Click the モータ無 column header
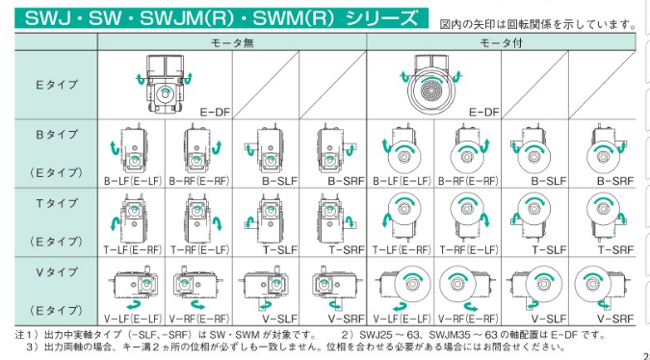(x=232, y=42)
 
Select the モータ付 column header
(x=501, y=42)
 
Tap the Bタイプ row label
(x=57, y=134)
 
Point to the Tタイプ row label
(x=57, y=203)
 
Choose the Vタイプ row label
(x=57, y=271)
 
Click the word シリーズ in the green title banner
(x=381, y=18)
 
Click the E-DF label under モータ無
(x=215, y=113)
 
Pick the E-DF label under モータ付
(x=483, y=113)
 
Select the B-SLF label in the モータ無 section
(x=280, y=181)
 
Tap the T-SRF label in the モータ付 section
(x=615, y=250)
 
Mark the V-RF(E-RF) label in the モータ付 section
(x=468, y=319)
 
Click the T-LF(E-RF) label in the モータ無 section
(x=132, y=250)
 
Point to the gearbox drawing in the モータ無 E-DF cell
(x=165, y=84)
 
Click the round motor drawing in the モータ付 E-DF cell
(x=431, y=90)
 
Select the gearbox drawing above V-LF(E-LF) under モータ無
(x=133, y=285)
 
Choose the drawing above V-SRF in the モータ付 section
(x=601, y=286)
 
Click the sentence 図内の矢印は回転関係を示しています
(x=537, y=24)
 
